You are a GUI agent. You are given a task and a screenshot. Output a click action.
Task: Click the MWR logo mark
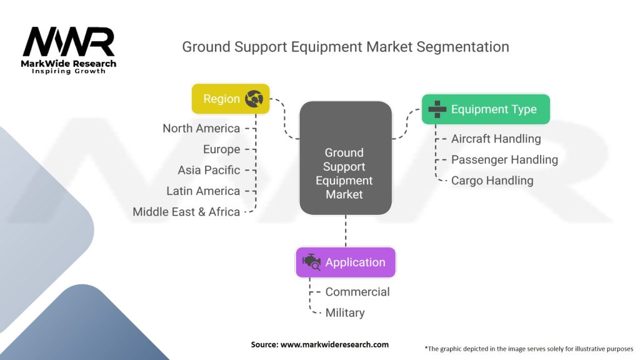pos(69,42)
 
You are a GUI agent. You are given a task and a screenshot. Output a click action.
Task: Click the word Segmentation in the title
pos(462,47)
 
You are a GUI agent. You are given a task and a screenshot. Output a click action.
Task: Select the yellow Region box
pos(231,99)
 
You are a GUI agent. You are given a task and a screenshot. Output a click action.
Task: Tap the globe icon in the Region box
pos(254,99)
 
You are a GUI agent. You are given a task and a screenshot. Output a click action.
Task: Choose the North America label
pos(201,129)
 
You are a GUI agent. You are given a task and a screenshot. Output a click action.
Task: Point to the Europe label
pos(222,149)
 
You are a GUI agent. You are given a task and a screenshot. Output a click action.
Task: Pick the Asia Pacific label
pos(209,170)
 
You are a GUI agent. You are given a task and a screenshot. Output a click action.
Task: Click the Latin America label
pos(203,191)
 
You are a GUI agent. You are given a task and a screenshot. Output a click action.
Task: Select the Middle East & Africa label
pos(186,212)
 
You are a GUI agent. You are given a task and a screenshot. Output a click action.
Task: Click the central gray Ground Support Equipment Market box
pos(346,158)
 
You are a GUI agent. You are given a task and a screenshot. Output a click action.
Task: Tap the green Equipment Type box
pos(486,109)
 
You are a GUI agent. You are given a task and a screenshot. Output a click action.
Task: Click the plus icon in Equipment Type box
pos(437,109)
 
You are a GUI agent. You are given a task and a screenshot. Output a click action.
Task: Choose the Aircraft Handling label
pos(496,139)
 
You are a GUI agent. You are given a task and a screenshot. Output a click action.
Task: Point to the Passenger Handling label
pos(504,160)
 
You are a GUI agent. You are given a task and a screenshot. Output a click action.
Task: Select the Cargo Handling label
pos(492,181)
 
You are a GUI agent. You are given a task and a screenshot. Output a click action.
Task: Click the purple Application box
pos(346,262)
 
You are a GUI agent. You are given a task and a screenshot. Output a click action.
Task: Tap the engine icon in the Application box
pos(311,262)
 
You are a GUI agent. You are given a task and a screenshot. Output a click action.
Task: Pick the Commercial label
pos(357,292)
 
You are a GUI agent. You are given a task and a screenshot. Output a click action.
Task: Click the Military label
pos(345,313)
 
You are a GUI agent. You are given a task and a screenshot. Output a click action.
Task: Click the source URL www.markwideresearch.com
pos(335,344)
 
